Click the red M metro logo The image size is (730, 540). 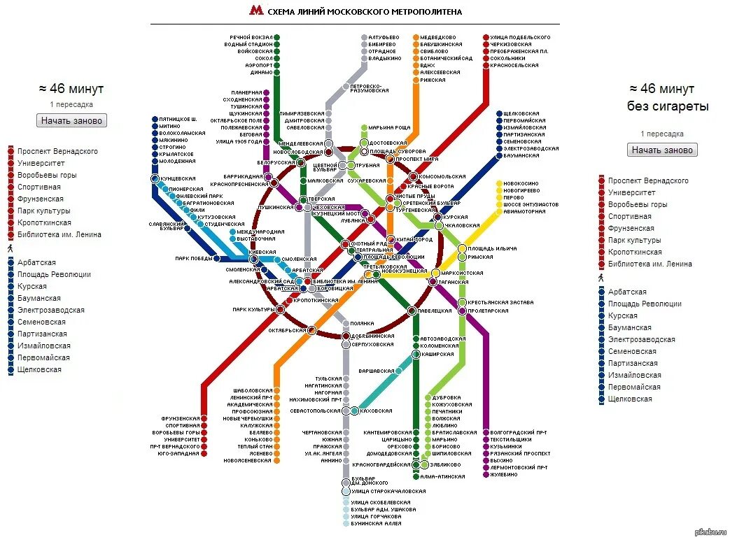click(x=256, y=11)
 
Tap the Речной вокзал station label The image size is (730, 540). click(x=251, y=37)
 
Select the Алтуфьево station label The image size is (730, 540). click(x=384, y=37)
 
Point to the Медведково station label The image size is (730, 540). click(x=438, y=37)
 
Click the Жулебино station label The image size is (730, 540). click(x=504, y=475)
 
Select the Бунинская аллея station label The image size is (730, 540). click(x=376, y=524)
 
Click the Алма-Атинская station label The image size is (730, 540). click(x=442, y=476)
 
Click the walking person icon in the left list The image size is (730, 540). click(x=10, y=248)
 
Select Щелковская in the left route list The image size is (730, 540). click(x=39, y=369)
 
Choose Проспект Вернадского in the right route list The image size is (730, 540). click(x=648, y=180)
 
